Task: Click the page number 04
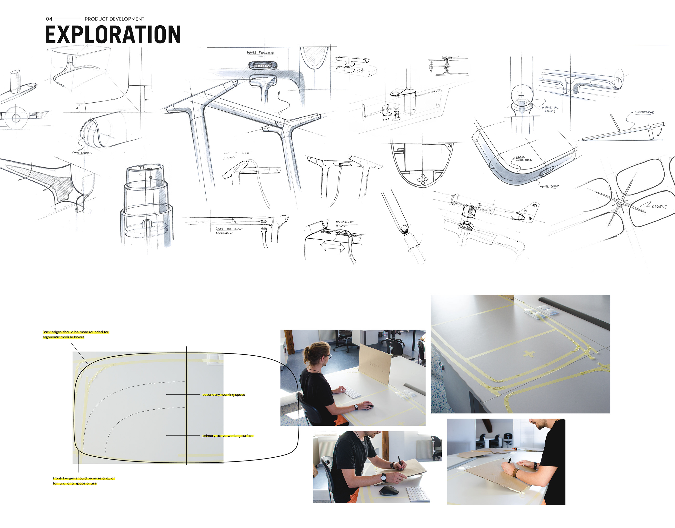point(49,19)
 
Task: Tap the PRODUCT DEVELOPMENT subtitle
point(114,19)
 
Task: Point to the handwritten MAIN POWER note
point(260,53)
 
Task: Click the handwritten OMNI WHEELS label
point(82,153)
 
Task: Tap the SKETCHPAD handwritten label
point(644,112)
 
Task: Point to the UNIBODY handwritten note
point(552,186)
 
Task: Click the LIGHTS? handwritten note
point(659,206)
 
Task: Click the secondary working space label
point(224,395)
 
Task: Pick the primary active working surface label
point(228,436)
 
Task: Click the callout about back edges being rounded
point(75,334)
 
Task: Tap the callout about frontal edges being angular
point(83,481)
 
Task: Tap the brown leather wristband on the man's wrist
point(515,472)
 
